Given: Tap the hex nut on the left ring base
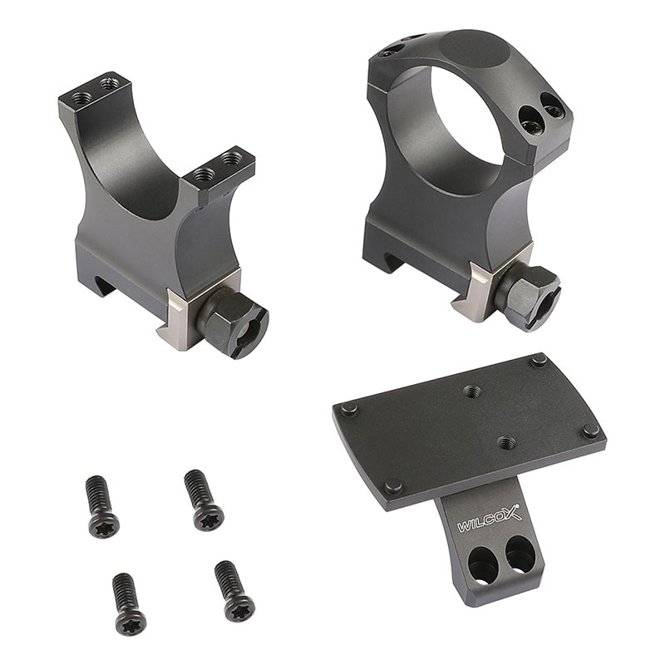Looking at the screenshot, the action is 232,323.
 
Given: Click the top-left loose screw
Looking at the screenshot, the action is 102,507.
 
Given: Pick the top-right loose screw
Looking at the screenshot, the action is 204,500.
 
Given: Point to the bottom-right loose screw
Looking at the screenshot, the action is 234,592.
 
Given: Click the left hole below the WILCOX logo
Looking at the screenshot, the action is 481,559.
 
